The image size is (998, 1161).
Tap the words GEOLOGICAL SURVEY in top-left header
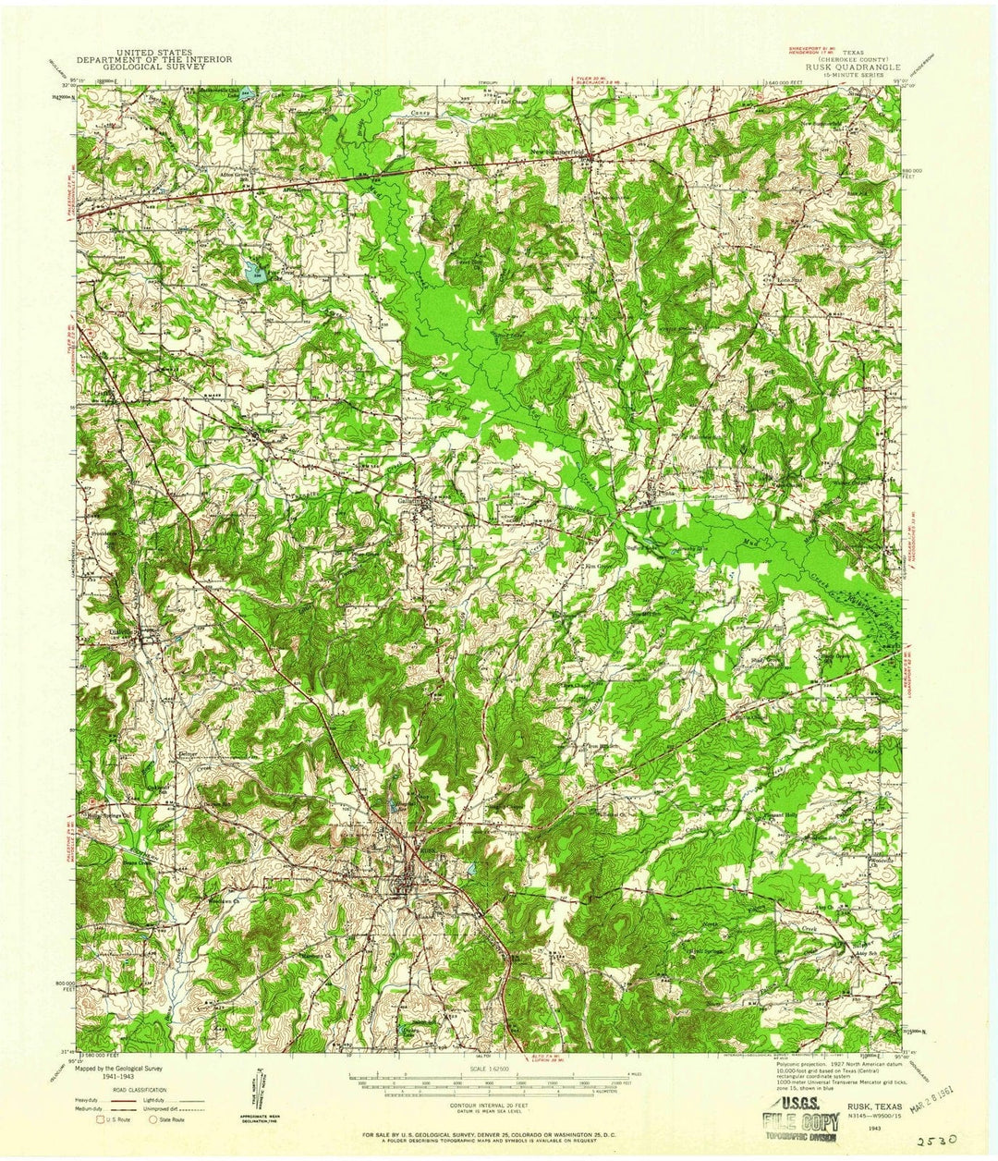tap(154, 67)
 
